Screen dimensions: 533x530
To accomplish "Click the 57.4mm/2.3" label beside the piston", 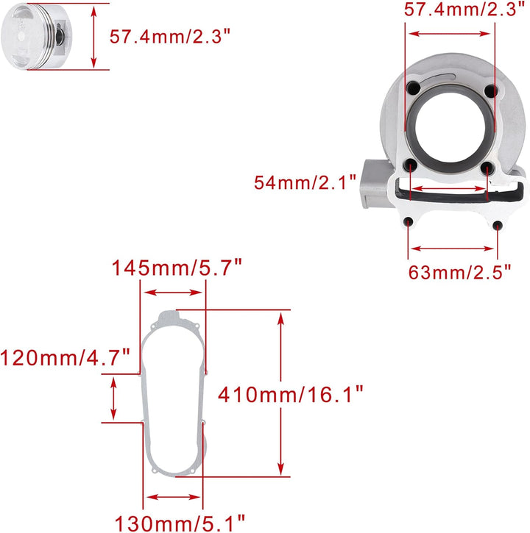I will pyautogui.click(x=169, y=36).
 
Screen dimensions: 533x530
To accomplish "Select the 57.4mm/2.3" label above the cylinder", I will pyautogui.click(x=464, y=10).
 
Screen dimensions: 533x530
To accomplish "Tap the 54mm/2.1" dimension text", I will pyautogui.click(x=305, y=180).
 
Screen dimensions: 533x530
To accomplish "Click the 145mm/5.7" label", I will pyautogui.click(x=177, y=268).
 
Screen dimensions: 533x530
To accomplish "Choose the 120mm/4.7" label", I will pyautogui.click(x=66, y=358).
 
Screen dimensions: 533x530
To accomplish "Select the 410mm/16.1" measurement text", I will pyautogui.click(x=291, y=394).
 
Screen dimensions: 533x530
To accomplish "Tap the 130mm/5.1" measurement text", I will pyautogui.click(x=175, y=523).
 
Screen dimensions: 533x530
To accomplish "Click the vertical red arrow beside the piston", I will pyautogui.click(x=93, y=36).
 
